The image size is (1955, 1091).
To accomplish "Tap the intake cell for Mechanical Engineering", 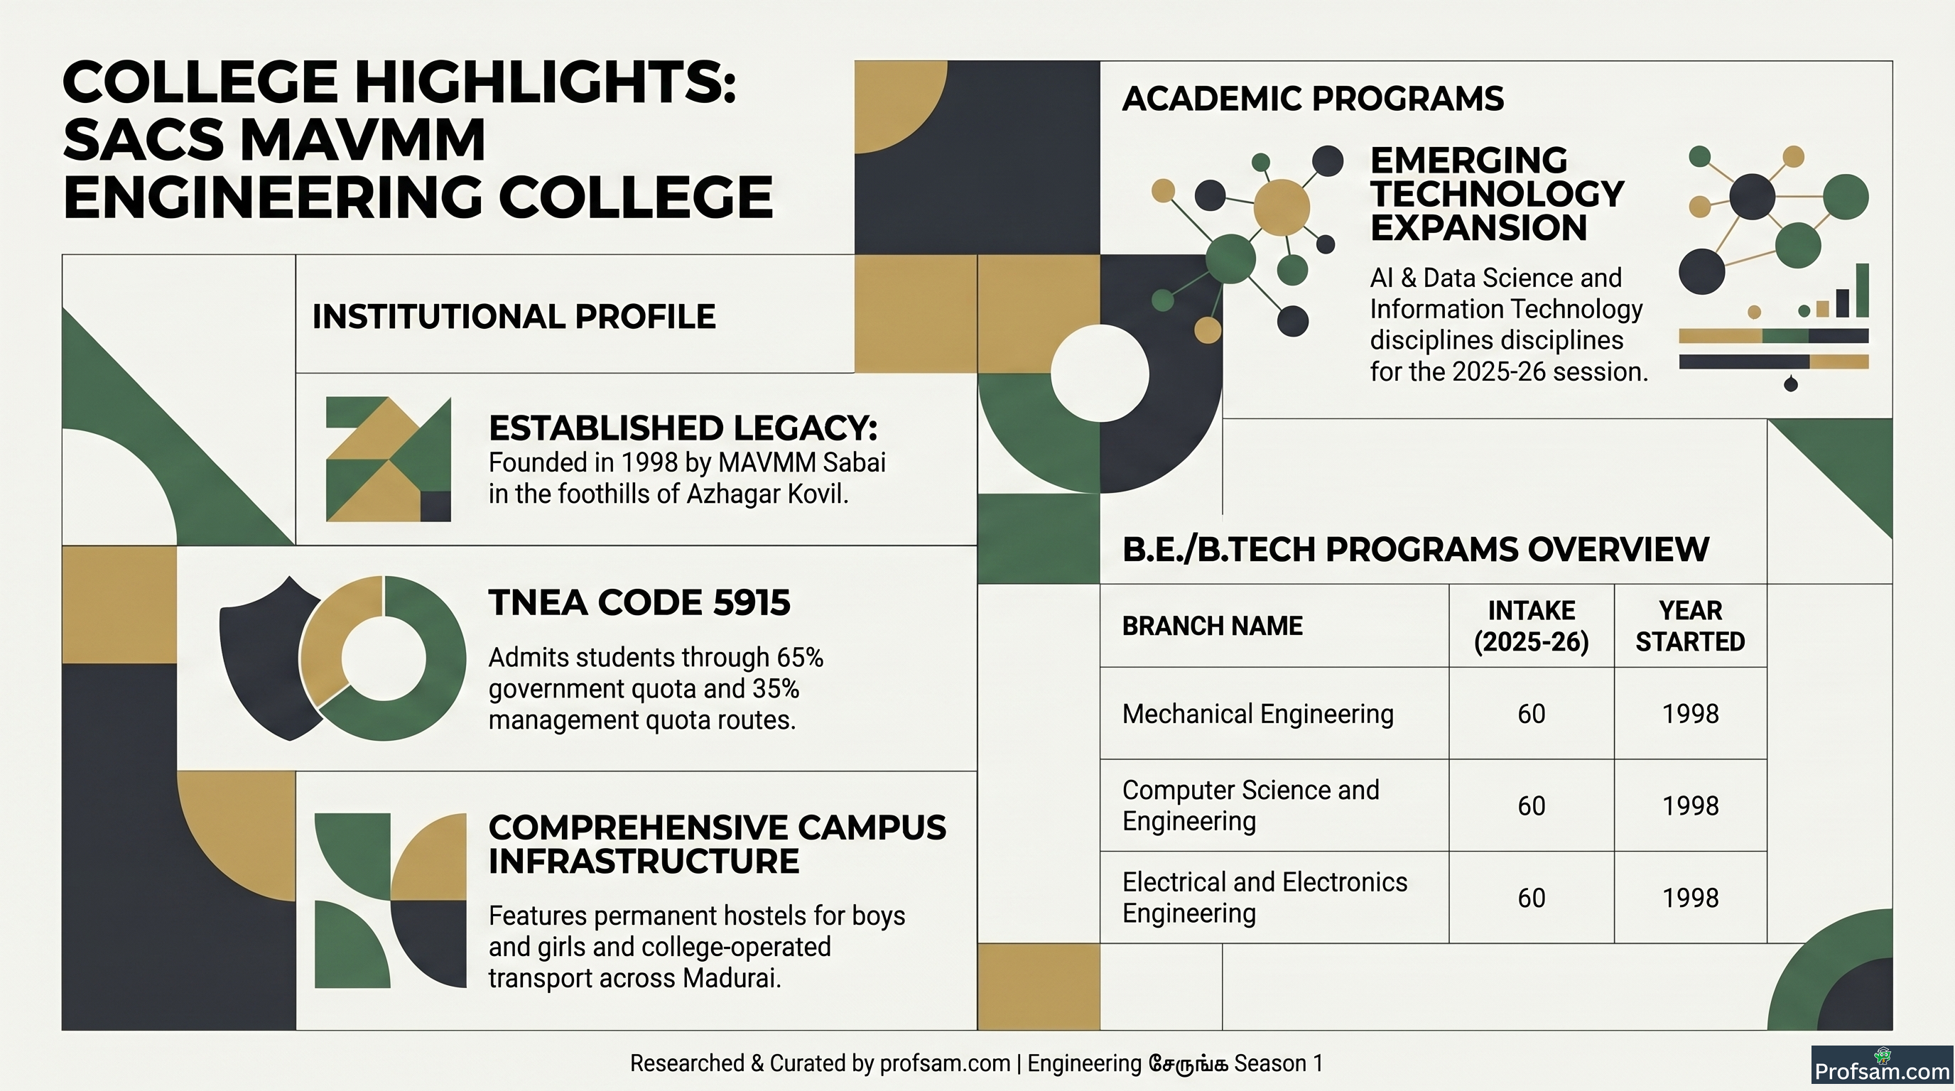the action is pyautogui.click(x=1532, y=714).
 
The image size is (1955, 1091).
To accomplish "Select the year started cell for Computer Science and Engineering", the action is pyautogui.click(x=1690, y=805).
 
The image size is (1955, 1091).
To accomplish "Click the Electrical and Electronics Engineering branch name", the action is pyautogui.click(x=1264, y=898).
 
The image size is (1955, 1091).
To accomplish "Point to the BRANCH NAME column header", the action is pyautogui.click(x=1212, y=626).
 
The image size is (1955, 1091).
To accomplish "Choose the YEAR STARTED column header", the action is pyautogui.click(x=1690, y=626).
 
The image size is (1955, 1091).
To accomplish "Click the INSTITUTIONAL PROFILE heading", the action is pyautogui.click(x=514, y=316).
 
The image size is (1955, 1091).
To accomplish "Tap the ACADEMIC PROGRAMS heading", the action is pyautogui.click(x=1313, y=99).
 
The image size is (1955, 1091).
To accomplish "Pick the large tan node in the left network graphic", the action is pyautogui.click(x=1281, y=207).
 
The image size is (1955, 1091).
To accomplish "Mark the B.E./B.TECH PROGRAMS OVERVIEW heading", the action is pyautogui.click(x=1415, y=549).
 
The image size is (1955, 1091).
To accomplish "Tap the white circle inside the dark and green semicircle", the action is pyautogui.click(x=1100, y=374).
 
